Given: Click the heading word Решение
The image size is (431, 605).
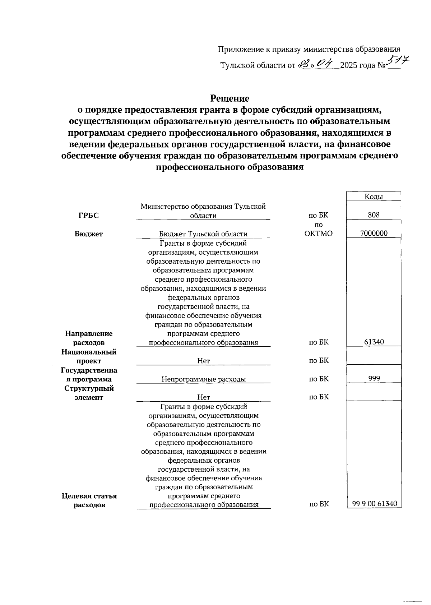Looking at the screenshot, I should (230, 98).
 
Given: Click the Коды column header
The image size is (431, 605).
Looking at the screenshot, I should (374, 197).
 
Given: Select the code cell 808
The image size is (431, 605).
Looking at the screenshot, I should (374, 215).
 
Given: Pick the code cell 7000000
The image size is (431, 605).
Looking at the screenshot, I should (374, 233).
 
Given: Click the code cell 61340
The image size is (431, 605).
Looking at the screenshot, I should (374, 342).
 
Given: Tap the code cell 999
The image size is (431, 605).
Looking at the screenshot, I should (374, 378).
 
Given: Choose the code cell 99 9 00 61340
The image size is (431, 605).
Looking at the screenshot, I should (375, 504).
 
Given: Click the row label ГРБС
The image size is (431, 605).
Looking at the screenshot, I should (88, 216).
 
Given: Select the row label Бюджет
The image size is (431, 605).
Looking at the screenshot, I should (88, 234).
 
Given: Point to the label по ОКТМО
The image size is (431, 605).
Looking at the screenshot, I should (318, 229).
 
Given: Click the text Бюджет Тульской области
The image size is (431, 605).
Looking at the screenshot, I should (203, 234).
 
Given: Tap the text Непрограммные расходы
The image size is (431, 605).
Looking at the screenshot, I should (203, 379).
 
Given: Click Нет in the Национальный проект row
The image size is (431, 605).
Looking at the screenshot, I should (203, 361).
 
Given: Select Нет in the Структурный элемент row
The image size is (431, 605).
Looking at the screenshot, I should (203, 397).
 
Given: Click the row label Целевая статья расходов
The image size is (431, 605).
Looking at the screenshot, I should (89, 500).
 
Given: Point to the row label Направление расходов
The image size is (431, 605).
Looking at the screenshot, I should (89, 338).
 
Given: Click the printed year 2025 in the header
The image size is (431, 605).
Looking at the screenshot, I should (348, 66).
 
